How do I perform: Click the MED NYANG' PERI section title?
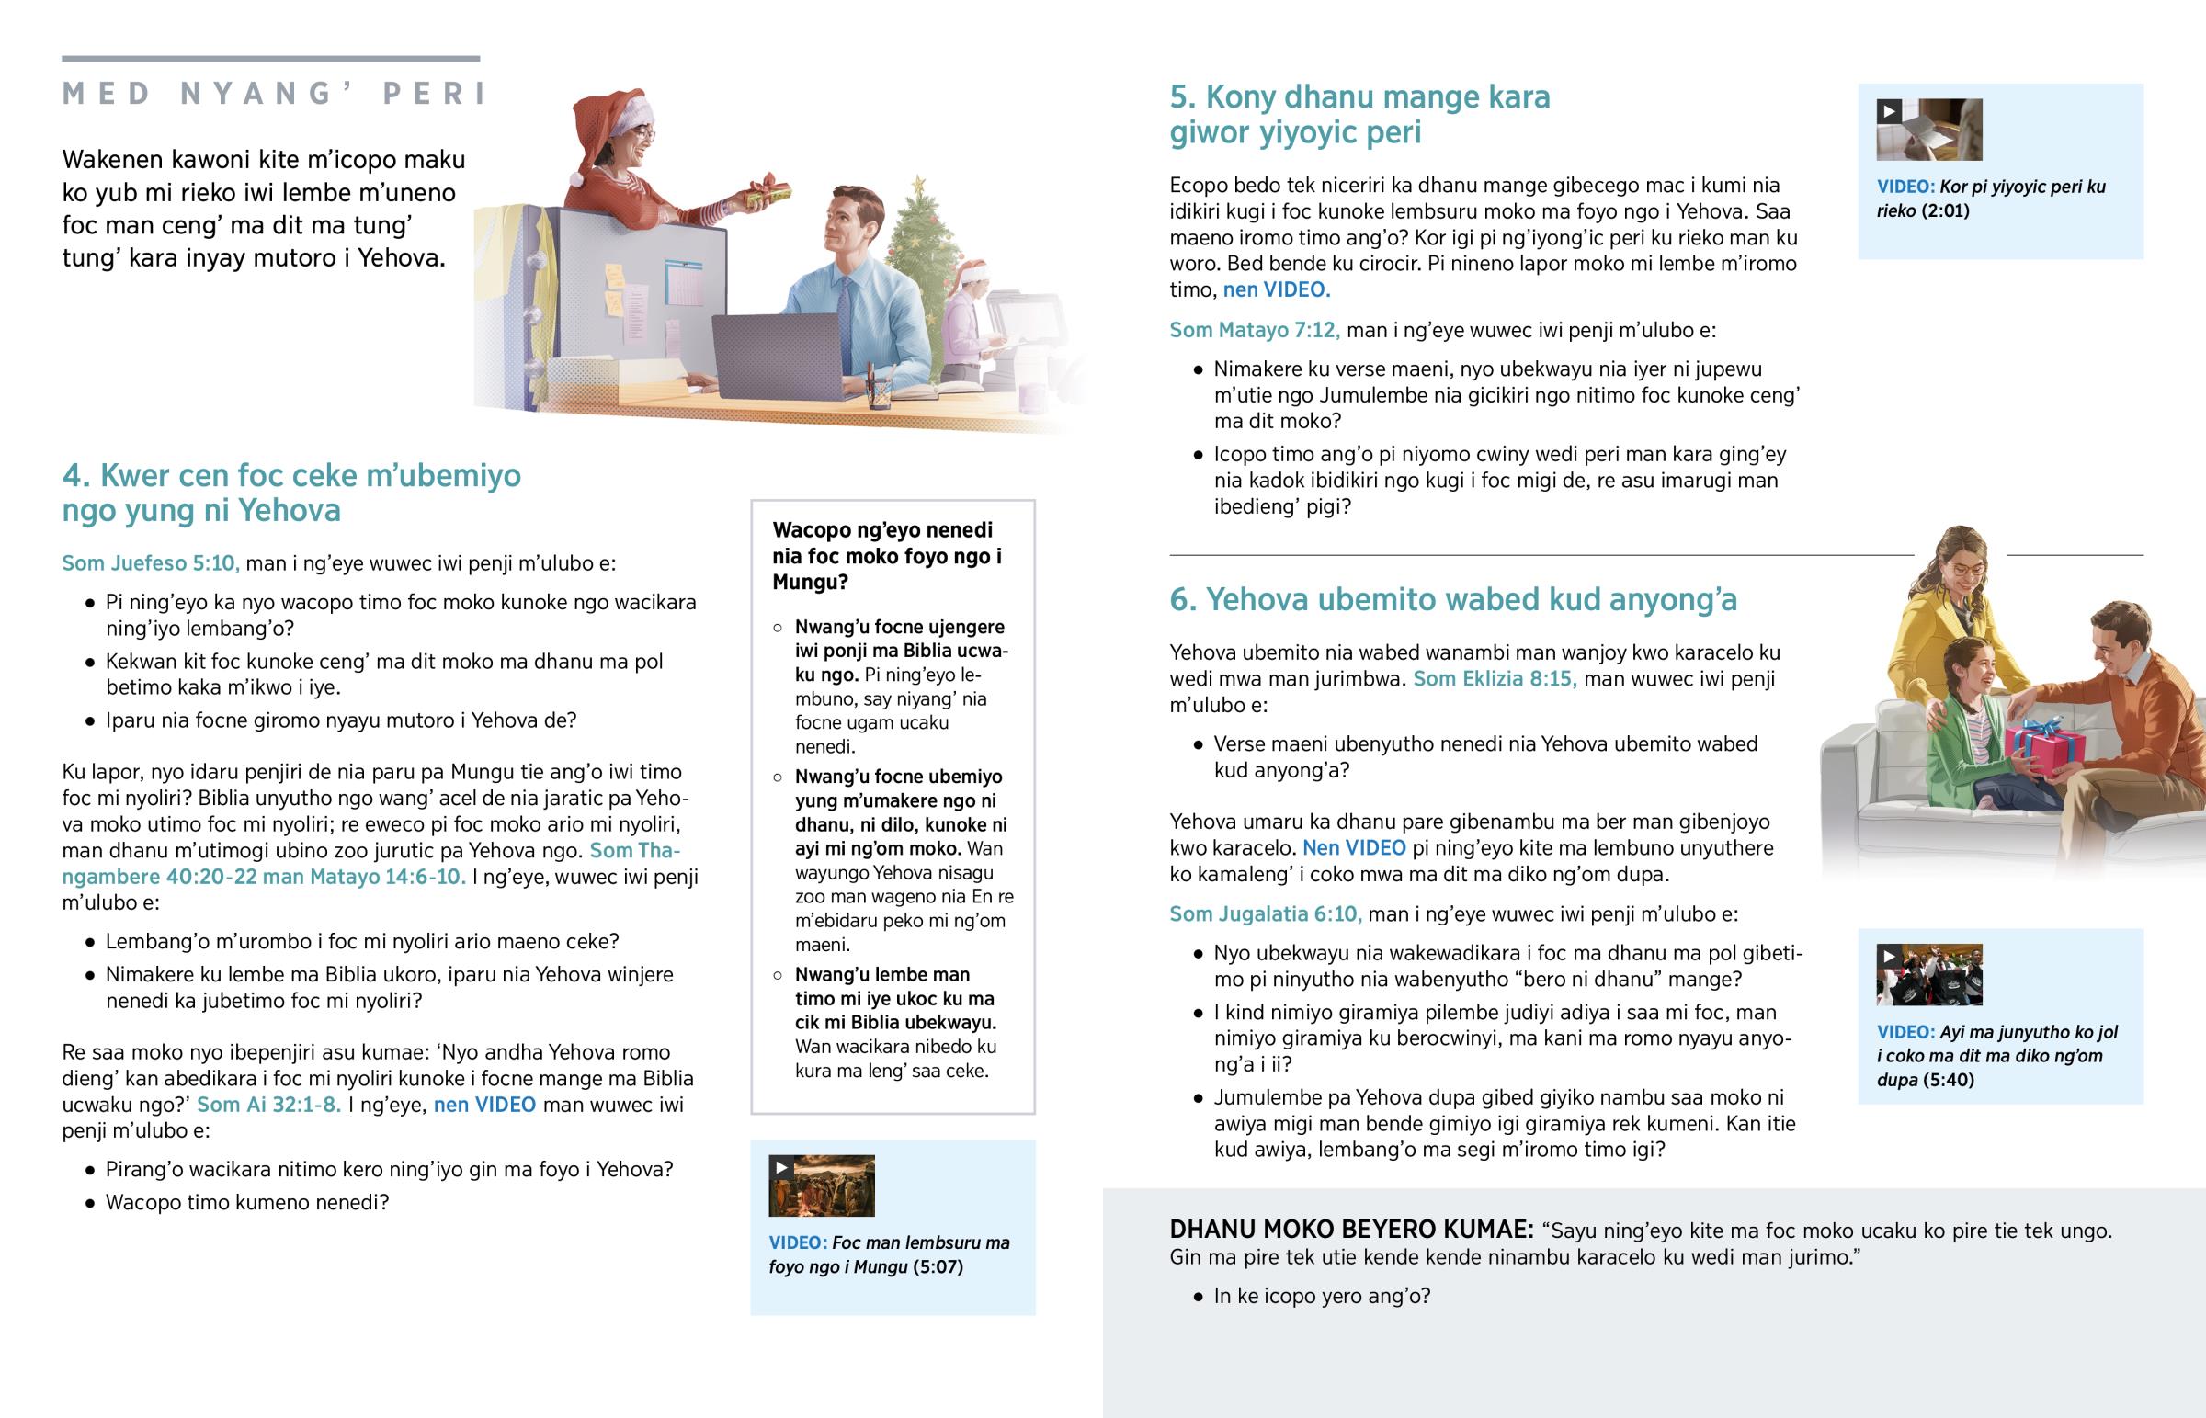pos(274,94)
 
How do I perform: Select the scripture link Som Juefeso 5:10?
pos(150,563)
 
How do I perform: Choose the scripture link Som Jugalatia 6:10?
pos(1264,914)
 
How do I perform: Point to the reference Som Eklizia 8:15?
pos(1494,679)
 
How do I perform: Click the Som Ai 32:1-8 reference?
pos(268,1105)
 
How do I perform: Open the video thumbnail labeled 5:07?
pos(821,1186)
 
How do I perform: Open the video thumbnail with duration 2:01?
pos(1928,130)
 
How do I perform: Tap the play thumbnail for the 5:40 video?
pos(1928,975)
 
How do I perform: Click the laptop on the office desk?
pos(778,355)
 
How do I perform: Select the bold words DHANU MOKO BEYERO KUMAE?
pos(1350,1231)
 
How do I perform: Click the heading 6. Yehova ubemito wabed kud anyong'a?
pos(1452,600)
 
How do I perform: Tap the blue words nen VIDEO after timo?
pos(1276,290)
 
